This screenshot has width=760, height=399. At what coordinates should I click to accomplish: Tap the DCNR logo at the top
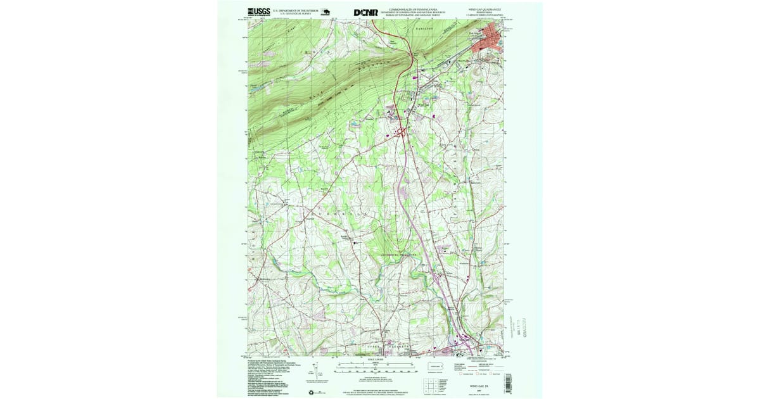click(x=365, y=12)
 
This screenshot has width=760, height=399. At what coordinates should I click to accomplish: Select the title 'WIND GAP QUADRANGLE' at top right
click(x=489, y=10)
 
